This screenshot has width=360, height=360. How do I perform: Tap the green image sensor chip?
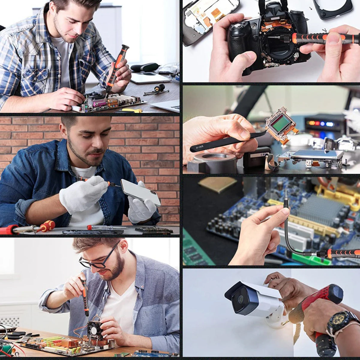click(281, 124)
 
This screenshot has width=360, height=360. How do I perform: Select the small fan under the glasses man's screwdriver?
click(95, 330)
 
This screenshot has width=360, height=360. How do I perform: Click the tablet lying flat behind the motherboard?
click(150, 78)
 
